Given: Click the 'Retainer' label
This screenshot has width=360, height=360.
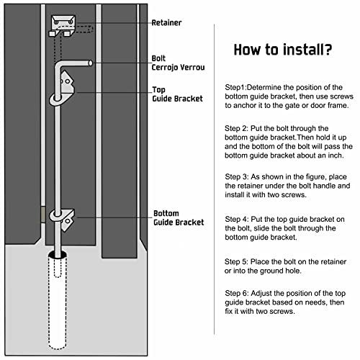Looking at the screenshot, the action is click(166, 22).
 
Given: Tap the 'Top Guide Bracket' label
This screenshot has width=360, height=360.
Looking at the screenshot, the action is click(177, 94).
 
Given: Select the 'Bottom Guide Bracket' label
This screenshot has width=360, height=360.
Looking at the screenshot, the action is click(179, 218).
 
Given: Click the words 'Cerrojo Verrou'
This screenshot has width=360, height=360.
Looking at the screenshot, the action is click(178, 67).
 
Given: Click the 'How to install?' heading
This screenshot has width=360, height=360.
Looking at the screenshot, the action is click(283, 50).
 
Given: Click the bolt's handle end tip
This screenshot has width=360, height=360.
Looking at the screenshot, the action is click(91, 63).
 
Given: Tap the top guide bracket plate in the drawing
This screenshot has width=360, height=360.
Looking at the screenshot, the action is click(67, 82).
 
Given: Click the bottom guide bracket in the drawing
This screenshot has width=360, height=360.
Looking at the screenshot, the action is click(63, 219).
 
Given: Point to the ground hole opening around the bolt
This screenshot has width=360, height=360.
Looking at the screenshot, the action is click(58, 254).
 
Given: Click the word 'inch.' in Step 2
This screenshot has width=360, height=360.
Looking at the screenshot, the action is click(336, 156).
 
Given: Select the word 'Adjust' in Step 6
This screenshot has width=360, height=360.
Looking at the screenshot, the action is click(261, 294).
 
